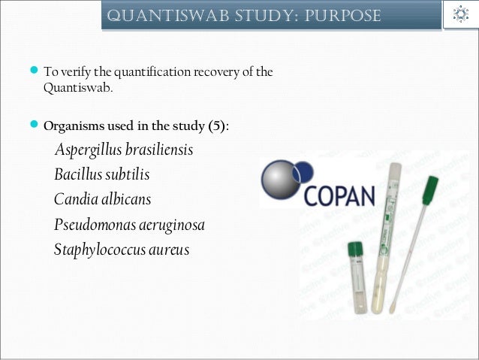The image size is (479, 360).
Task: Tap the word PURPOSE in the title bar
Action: click(345, 16)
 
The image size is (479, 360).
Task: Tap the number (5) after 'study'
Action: click(217, 126)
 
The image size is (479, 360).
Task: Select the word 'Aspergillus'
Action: click(89, 150)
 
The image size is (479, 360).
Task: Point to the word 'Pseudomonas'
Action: click(94, 225)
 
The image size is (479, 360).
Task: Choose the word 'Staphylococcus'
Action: click(101, 250)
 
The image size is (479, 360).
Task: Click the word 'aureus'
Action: click(170, 250)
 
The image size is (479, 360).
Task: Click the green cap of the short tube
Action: click(355, 248)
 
